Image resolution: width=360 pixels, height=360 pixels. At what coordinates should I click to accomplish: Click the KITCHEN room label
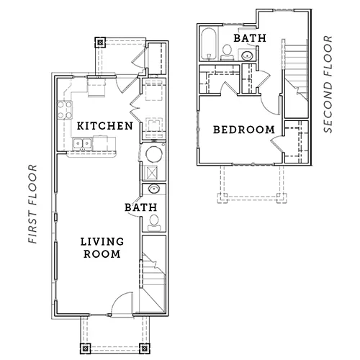point(105,126)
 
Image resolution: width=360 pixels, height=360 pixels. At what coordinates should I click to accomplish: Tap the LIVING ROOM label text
point(102,248)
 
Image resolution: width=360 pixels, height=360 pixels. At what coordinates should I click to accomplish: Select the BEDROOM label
point(244,130)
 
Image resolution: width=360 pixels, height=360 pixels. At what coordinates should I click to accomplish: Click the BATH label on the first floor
point(141,207)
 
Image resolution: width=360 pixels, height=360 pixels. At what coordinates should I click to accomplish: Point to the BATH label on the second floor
point(250,38)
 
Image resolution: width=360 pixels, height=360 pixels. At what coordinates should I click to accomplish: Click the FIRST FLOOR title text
point(33,204)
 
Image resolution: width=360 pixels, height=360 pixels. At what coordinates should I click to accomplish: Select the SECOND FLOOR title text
point(328,84)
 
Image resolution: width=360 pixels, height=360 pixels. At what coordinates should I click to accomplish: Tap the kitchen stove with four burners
point(65,110)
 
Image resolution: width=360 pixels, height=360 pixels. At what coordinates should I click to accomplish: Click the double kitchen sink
point(82,143)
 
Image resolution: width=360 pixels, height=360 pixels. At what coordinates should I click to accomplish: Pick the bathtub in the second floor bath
point(209,45)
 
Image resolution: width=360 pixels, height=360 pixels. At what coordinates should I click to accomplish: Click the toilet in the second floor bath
point(227,53)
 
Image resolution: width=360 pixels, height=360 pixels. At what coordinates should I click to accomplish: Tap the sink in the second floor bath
point(247,55)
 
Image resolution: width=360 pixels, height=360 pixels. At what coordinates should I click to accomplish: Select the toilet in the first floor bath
point(154,222)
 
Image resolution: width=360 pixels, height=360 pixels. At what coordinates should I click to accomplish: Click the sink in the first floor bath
point(154,189)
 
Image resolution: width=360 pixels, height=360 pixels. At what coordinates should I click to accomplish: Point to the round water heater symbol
point(154,154)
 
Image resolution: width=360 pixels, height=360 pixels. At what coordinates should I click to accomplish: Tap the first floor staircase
point(153,274)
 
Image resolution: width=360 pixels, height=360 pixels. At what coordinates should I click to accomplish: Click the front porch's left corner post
point(85,348)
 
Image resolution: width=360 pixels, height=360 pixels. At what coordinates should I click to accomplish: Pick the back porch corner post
point(100,42)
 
